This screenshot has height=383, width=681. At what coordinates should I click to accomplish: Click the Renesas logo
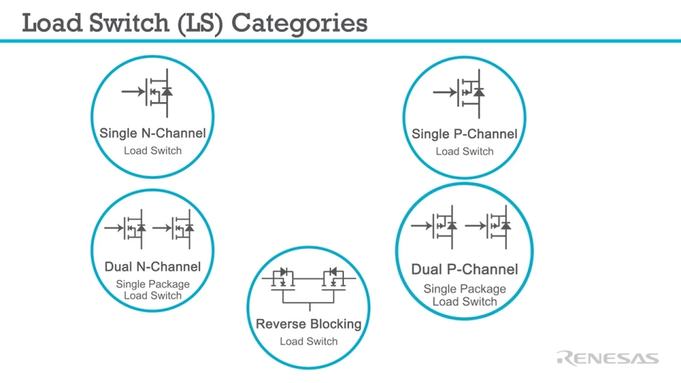(x=608, y=357)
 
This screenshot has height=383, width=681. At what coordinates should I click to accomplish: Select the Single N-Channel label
(x=153, y=133)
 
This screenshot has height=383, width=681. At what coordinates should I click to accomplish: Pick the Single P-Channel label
(x=465, y=133)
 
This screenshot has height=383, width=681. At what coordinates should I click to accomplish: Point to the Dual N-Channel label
(x=153, y=267)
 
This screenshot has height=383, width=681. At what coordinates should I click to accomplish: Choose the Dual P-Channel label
(x=465, y=270)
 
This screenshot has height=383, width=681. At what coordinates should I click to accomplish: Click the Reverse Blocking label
(x=309, y=324)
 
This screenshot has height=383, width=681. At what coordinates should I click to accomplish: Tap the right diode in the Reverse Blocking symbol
(x=333, y=272)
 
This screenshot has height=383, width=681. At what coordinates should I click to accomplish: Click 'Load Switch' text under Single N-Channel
(x=153, y=150)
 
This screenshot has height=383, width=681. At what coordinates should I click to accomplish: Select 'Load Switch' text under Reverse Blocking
(x=309, y=341)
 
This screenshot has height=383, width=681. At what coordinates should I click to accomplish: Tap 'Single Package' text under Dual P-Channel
(x=465, y=289)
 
